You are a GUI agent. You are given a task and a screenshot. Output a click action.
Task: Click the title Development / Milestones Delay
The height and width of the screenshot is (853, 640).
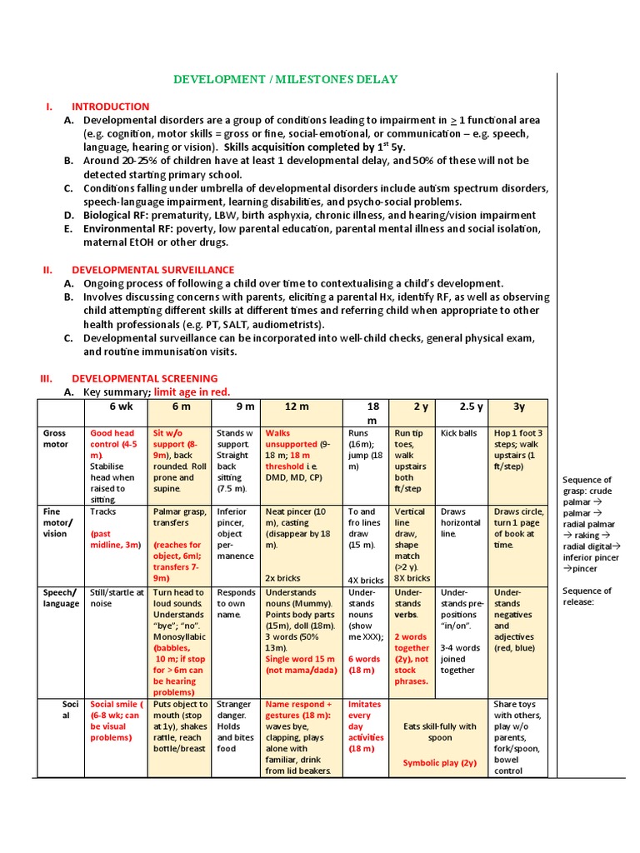[285, 79]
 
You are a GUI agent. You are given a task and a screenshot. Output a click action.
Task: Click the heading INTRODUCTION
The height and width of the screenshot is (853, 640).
[110, 107]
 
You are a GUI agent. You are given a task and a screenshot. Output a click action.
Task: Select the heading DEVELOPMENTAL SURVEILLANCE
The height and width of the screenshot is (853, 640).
[152, 270]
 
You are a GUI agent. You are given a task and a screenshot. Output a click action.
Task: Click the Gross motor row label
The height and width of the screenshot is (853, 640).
[55, 439]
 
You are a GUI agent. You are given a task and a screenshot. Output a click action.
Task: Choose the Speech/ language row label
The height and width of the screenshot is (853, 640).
[61, 598]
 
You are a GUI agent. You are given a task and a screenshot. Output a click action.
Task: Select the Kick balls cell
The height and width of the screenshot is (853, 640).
[458, 433]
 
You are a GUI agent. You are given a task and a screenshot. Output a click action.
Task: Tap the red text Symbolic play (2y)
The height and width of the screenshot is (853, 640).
[439, 762]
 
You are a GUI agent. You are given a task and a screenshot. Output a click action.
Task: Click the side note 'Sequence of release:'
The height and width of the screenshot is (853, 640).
[587, 596]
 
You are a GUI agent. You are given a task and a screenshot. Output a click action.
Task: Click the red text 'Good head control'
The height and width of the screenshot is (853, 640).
[112, 439]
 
